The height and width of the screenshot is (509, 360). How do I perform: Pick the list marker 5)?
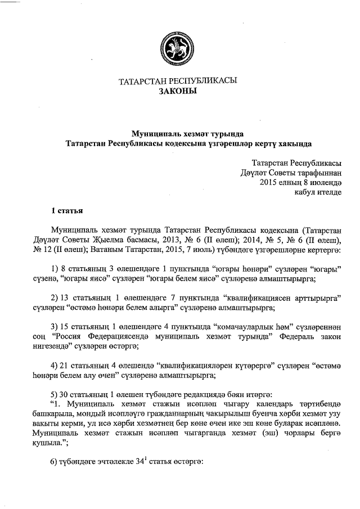pos(55,395)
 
